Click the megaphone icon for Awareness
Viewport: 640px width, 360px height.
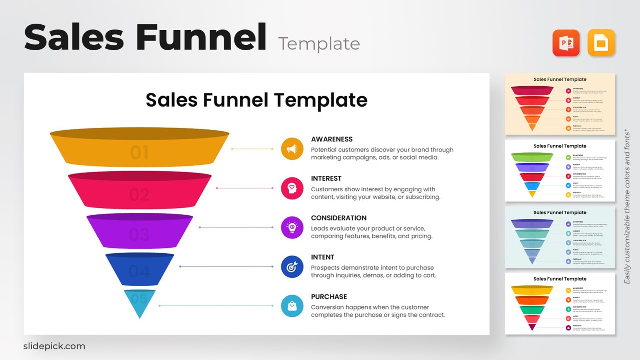(292, 149)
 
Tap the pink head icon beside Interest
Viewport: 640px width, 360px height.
(292, 188)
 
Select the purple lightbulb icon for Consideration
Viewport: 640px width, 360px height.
(292, 227)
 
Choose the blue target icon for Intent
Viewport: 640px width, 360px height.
(292, 267)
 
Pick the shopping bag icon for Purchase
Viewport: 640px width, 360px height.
(292, 306)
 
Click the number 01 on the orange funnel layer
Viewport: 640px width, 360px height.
(139, 153)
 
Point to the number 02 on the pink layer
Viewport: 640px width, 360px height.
(139, 194)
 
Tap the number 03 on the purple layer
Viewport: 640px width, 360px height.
(139, 234)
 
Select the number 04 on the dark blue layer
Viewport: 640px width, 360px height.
(139, 272)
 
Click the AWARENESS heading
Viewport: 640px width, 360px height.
(332, 139)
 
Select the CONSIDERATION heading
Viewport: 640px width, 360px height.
(339, 218)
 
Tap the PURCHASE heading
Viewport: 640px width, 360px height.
(329, 297)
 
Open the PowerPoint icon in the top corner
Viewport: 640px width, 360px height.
(566, 43)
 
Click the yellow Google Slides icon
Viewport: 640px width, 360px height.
(601, 43)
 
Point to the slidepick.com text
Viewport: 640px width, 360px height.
(54, 346)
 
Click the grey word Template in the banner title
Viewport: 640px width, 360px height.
(319, 44)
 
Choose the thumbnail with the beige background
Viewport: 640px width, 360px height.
(560, 104)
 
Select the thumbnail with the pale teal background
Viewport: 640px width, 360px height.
(560, 237)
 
